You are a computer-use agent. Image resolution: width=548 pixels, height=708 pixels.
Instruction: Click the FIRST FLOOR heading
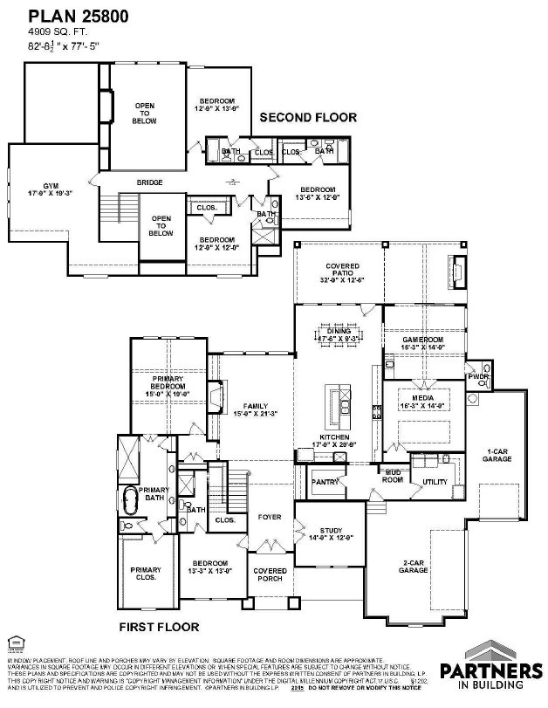pos(159,626)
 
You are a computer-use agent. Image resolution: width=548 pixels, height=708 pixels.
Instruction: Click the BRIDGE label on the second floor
pos(150,182)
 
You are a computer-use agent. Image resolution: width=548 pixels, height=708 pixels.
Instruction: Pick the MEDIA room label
pos(423,400)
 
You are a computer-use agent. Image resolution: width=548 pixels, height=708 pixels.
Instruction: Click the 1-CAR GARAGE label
pos(498,455)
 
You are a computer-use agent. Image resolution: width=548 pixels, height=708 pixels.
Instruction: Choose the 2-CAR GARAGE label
pos(414,565)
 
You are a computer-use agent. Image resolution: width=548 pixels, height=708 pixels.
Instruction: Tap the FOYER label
pos(270,517)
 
